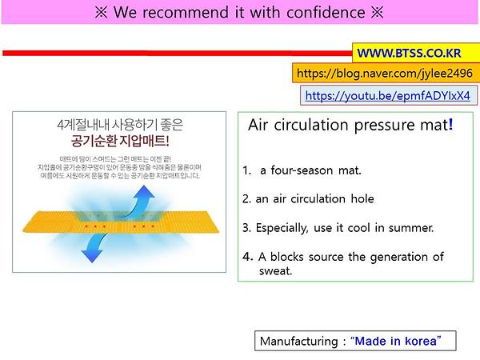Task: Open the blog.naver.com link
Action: pyautogui.click(x=384, y=74)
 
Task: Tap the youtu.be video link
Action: pyautogui.click(x=387, y=95)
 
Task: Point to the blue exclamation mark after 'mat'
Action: pyautogui.click(x=450, y=125)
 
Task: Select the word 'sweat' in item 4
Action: pyautogui.click(x=276, y=270)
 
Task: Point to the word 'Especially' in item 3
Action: pyautogui.click(x=281, y=227)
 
